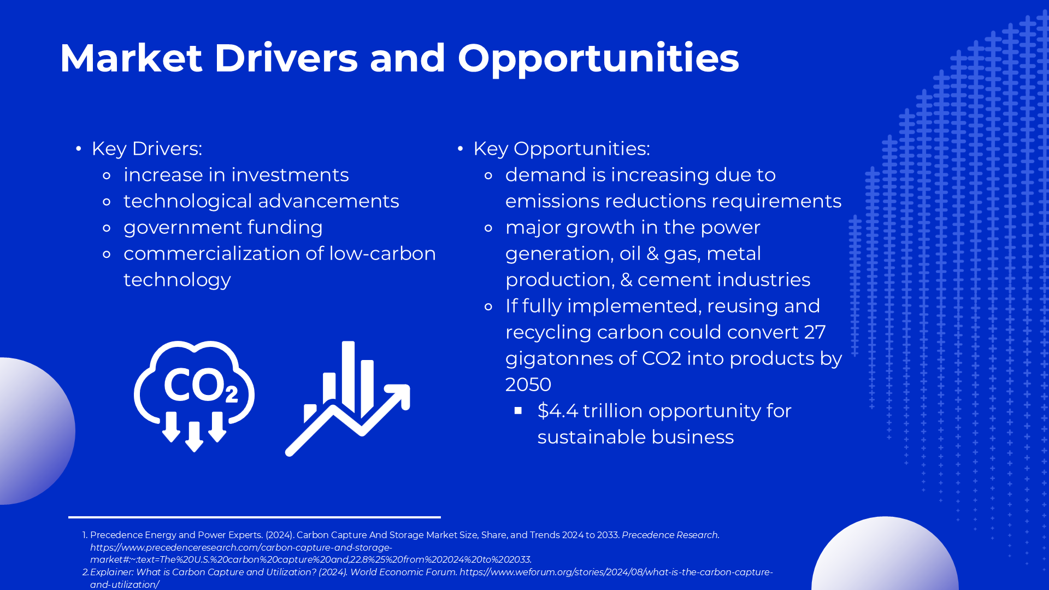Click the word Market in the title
pyautogui.click(x=131, y=58)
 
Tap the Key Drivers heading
pyautogui.click(x=147, y=149)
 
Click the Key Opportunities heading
pyautogui.click(x=562, y=149)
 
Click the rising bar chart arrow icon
pyautogui.click(x=347, y=398)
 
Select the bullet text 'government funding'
pyautogui.click(x=223, y=228)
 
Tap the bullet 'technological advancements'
pyautogui.click(x=261, y=202)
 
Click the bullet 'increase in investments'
pyautogui.click(x=236, y=175)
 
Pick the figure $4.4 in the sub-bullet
pyautogui.click(x=557, y=410)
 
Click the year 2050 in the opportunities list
pyautogui.click(x=528, y=385)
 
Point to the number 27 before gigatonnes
pyautogui.click(x=815, y=332)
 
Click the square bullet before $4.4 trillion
pyautogui.click(x=518, y=410)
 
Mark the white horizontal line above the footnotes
pyautogui.click(x=255, y=517)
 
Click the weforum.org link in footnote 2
pyautogui.click(x=616, y=572)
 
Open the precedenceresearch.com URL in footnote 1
pyautogui.click(x=311, y=553)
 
